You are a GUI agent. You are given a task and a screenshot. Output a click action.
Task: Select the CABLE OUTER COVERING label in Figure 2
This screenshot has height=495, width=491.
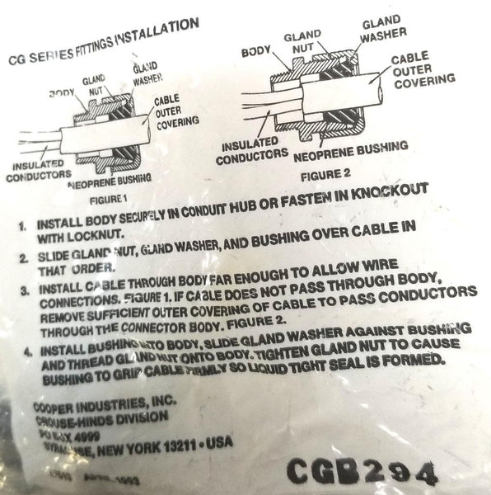[x=421, y=71]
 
